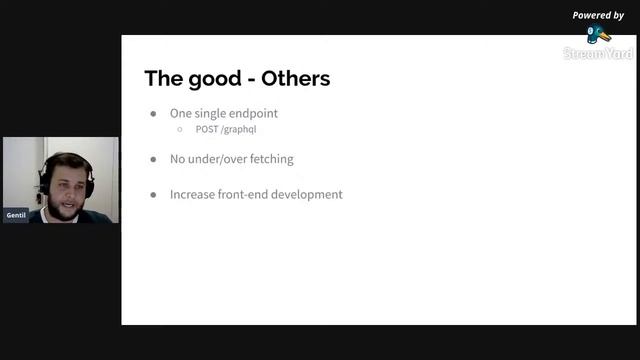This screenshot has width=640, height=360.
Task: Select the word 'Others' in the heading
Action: pyautogui.click(x=295, y=78)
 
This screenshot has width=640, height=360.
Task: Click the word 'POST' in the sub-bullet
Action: pyautogui.click(x=208, y=129)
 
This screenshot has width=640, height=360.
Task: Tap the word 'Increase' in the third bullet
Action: pyautogui.click(x=193, y=194)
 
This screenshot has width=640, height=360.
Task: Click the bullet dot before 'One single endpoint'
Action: pyautogui.click(x=153, y=114)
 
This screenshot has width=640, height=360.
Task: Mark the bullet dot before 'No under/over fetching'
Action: pyautogui.click(x=153, y=159)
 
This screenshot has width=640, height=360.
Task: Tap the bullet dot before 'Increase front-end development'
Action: pyautogui.click(x=153, y=194)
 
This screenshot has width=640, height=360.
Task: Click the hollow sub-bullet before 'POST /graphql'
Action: pyautogui.click(x=180, y=129)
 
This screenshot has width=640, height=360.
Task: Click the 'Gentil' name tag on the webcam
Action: pyautogui.click(x=16, y=215)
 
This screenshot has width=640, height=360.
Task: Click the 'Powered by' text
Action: pyautogui.click(x=598, y=15)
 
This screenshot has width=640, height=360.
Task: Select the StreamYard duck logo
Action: pyautogui.click(x=599, y=34)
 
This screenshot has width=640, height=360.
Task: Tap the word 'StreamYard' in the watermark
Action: pyautogui.click(x=598, y=53)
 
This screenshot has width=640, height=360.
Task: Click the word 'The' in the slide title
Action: pyautogui.click(x=162, y=78)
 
